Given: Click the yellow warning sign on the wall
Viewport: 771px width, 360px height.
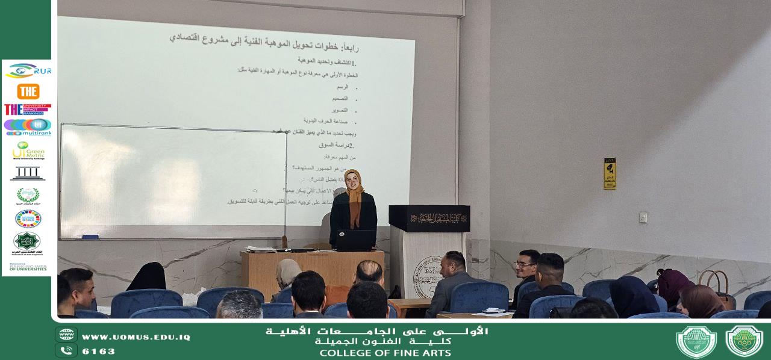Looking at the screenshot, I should click(610, 173).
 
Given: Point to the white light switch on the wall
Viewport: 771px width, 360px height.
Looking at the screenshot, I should click(643, 217).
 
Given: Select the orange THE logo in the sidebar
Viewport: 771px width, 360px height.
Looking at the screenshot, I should click(28, 92).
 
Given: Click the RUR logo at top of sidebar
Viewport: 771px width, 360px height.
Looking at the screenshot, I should click(28, 70).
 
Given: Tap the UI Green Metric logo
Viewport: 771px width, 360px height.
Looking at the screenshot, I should click(28, 151).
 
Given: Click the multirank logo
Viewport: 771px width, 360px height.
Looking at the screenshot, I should click(28, 126).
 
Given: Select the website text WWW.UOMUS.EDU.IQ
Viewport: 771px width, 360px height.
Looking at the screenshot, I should click(136, 337).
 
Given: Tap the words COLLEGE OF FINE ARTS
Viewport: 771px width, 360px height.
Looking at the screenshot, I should click(385, 353).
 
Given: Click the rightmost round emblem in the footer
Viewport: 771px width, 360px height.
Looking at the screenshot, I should click(744, 341).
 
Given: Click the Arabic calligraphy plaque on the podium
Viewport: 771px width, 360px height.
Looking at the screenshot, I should click(429, 218).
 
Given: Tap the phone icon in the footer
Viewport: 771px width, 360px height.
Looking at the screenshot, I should click(66, 350).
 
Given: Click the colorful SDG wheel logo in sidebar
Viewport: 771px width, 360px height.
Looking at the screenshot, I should click(28, 219).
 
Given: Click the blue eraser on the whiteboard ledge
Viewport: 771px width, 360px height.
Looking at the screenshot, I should click(90, 237).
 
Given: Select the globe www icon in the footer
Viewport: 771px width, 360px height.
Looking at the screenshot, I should click(66, 335).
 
